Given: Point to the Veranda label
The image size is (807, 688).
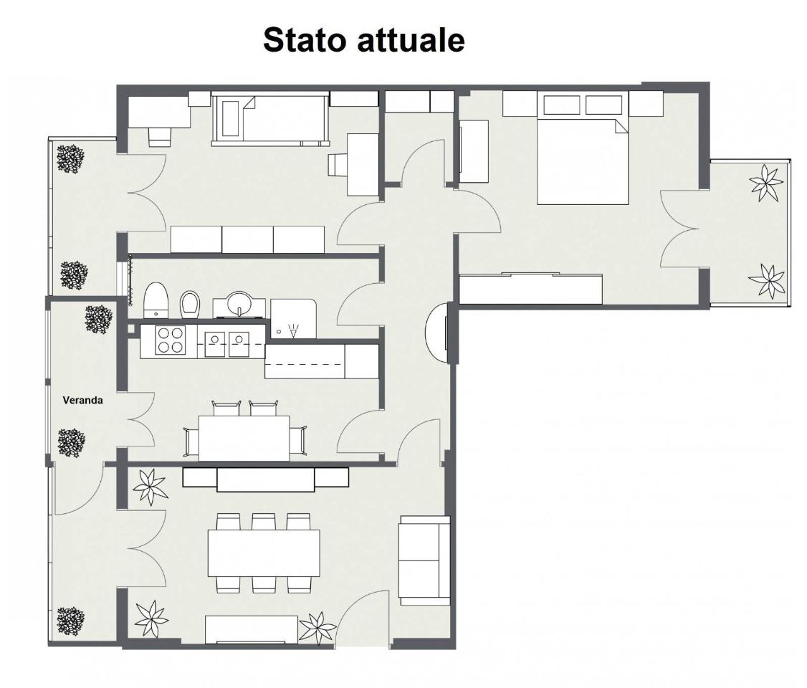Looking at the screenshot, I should click(x=82, y=401).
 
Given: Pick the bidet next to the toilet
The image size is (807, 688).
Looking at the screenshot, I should click(x=190, y=305).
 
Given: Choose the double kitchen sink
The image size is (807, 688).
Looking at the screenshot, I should click(x=225, y=341).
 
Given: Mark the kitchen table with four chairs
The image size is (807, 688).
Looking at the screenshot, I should click(x=244, y=438).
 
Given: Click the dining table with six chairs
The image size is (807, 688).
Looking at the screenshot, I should click(x=264, y=553).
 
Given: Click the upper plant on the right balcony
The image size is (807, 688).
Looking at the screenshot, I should click(x=765, y=183).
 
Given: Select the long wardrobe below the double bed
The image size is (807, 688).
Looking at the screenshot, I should click(x=530, y=289).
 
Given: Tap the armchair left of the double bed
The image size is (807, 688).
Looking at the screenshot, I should click(x=472, y=147).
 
